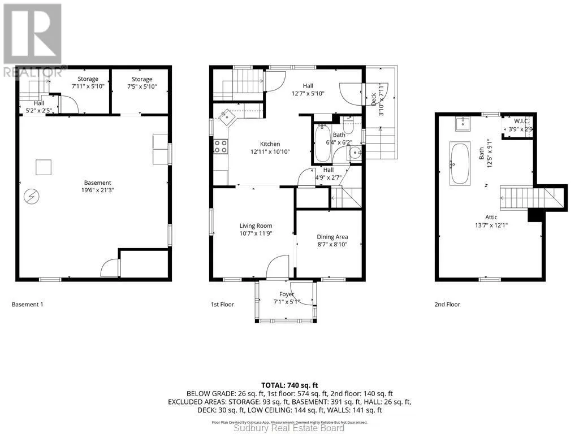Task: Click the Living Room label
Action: tap(256, 226)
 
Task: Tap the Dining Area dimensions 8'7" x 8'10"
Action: tap(332, 244)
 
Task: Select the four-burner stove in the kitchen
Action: tap(221, 146)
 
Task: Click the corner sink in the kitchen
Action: tap(226, 118)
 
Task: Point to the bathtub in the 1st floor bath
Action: tap(323, 144)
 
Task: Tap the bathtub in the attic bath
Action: tap(460, 163)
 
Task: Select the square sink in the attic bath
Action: tap(463, 124)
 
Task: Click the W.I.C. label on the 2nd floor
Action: tap(521, 121)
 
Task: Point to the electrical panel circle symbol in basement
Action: tap(32, 196)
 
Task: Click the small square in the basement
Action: tap(44, 167)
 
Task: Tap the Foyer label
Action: tap(287, 294)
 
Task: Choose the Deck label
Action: tap(373, 99)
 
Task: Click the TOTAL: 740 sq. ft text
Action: tap(289, 385)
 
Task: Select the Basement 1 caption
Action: tap(27, 305)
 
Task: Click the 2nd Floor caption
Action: tap(447, 305)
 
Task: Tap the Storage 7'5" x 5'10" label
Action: tap(142, 83)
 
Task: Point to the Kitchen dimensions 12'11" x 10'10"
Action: tap(270, 151)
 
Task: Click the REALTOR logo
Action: tap(32, 40)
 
